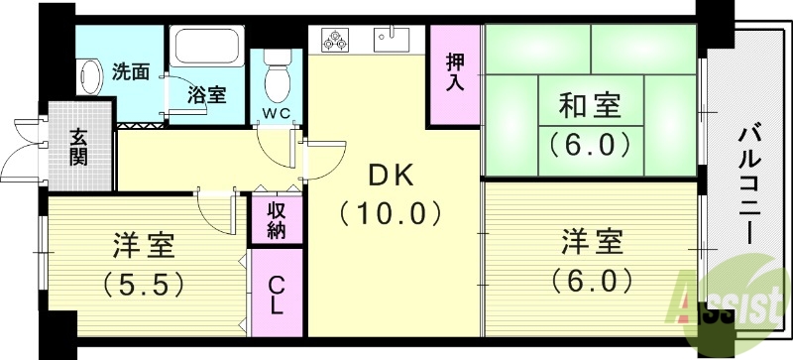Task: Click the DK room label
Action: (395, 175)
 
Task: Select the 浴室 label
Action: (207, 96)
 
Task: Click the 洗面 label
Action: (131, 71)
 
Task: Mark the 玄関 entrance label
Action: (78, 147)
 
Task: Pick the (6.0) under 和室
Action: (592, 145)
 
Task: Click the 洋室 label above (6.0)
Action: (593, 241)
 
